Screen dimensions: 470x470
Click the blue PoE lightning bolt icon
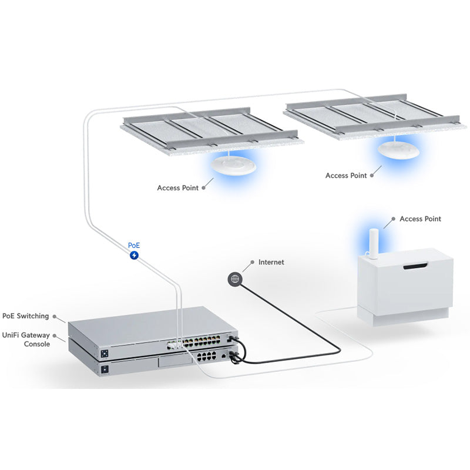(x=135, y=256)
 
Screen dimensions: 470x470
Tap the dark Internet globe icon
(x=235, y=279)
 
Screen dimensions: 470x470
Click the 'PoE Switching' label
(x=25, y=316)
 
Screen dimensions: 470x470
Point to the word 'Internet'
(x=271, y=262)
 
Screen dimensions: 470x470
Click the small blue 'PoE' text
(x=134, y=245)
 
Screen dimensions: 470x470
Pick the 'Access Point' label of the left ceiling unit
(x=177, y=188)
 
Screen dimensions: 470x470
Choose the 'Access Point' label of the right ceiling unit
(x=345, y=176)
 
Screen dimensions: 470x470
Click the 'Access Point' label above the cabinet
(x=420, y=219)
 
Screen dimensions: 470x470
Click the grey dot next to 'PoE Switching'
(x=55, y=316)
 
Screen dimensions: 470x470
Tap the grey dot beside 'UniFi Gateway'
(x=55, y=335)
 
